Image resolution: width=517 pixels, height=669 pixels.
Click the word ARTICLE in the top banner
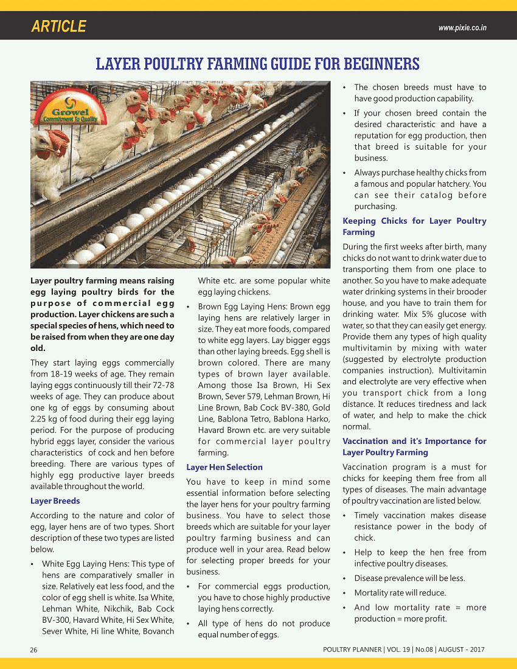(58, 27)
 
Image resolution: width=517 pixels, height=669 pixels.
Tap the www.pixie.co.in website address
(462, 28)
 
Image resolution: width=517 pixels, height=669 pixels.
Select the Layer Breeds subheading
(55, 501)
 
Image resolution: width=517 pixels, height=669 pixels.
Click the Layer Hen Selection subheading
(224, 467)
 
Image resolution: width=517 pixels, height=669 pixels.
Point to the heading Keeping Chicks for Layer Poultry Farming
(414, 226)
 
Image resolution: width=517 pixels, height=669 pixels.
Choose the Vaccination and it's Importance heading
(414, 446)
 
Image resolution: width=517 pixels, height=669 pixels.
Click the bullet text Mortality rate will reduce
(400, 593)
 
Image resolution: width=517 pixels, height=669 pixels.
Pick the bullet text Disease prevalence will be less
(409, 578)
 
